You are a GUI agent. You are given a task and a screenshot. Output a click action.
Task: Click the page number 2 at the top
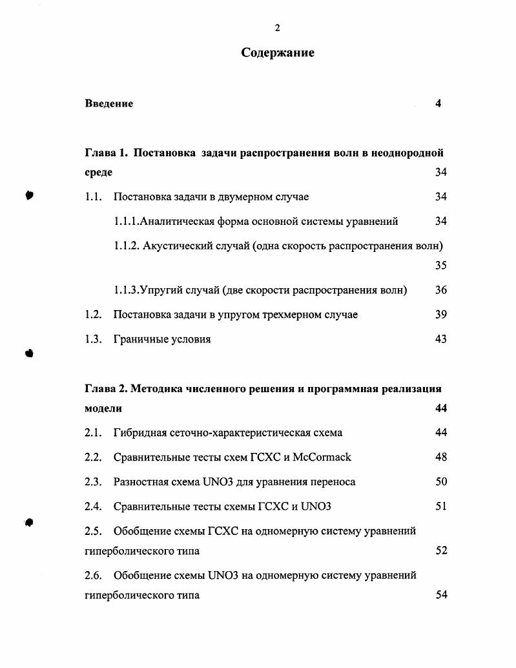point(277,27)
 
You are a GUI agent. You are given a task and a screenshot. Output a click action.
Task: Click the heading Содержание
point(278,53)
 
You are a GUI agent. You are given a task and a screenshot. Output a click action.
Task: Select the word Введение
point(109,103)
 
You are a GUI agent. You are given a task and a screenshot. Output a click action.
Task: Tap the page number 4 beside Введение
point(438,103)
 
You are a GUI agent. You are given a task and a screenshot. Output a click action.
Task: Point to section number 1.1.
point(94,197)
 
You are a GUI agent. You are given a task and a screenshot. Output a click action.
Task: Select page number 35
point(440,266)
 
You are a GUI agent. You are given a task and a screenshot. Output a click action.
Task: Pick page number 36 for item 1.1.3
point(440,290)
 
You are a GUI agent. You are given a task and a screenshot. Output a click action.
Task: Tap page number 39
point(440,315)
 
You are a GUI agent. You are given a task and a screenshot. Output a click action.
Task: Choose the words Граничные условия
point(162,339)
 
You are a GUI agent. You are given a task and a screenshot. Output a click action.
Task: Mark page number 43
point(440,339)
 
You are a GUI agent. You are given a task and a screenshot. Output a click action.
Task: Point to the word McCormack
point(322,457)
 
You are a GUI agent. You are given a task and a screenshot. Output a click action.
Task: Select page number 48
point(440,457)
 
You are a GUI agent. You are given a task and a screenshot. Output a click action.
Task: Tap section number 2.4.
point(94,506)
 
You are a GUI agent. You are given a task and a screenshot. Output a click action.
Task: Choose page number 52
point(440,551)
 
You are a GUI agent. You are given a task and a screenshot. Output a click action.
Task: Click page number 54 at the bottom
point(440,596)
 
